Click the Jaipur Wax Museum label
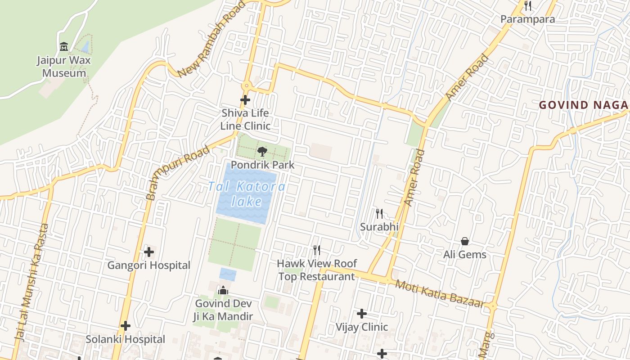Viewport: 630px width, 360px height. coord(64,67)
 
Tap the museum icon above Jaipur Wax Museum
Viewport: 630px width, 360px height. coord(64,47)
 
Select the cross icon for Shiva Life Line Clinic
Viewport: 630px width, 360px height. coord(245,100)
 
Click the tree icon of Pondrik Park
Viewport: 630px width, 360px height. coord(262,152)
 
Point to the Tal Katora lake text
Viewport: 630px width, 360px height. coord(247,193)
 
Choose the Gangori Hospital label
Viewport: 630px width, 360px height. coord(148,265)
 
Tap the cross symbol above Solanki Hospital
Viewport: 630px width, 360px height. coord(126,326)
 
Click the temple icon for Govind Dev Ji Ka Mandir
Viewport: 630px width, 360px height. coord(223,291)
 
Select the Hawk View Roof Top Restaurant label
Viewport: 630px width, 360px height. coord(317,270)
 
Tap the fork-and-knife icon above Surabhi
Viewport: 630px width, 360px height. coord(379,214)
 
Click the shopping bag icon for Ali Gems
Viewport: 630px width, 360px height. coord(465,242)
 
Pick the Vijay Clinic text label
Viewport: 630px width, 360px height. coord(362,327)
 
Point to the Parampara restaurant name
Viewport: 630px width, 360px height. coord(528,19)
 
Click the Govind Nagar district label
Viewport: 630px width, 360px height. coord(584,105)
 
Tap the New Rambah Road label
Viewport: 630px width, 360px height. coord(211,40)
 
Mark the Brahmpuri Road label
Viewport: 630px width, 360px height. coord(178,173)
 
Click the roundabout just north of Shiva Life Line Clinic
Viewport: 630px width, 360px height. coord(246,86)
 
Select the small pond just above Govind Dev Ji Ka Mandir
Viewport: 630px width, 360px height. coord(228,274)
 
